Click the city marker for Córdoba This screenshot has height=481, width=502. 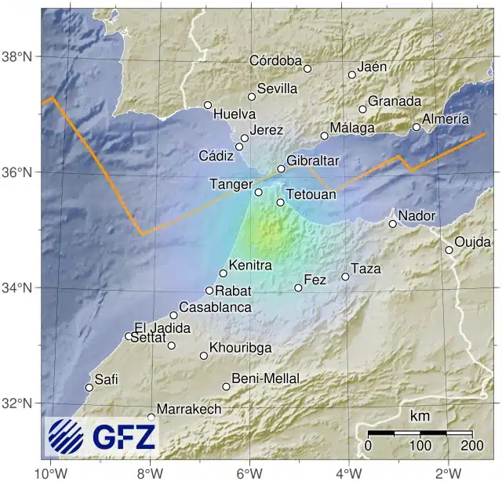click(x=307, y=68)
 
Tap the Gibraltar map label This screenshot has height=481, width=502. click(x=312, y=160)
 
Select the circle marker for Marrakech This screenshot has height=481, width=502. click(x=151, y=418)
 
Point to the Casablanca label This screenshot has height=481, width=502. click(x=215, y=307)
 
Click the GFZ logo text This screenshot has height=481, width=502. click(x=124, y=437)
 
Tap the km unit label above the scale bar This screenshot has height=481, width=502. click(x=420, y=415)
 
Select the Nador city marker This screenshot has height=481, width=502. click(x=393, y=224)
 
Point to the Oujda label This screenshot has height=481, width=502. click(x=472, y=242)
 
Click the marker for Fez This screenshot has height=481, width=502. click(x=298, y=288)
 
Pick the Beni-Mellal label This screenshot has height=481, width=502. click(x=266, y=378)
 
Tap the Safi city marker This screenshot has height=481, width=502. click(x=89, y=387)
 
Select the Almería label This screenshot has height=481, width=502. click(x=446, y=119)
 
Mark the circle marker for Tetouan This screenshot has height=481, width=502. click(x=280, y=203)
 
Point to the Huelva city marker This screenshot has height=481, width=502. click(x=208, y=105)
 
